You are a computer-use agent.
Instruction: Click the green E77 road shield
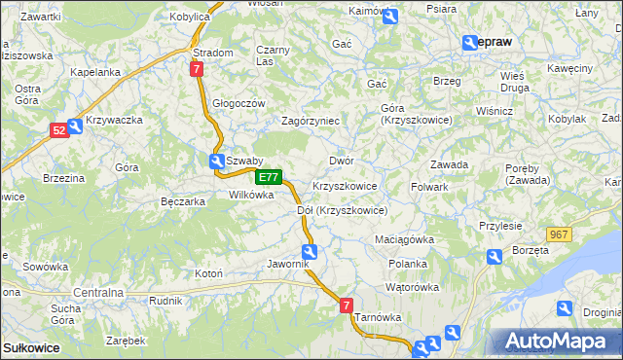(x=270, y=178)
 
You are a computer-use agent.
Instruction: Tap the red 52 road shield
(x=59, y=129)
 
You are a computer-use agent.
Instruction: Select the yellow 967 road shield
(x=559, y=235)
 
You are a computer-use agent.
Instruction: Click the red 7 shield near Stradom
(x=197, y=70)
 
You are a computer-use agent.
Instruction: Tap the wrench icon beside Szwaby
(x=215, y=162)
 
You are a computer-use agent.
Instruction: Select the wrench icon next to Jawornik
(x=309, y=252)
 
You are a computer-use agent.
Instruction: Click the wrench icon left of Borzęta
(x=494, y=257)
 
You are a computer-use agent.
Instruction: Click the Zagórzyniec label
(x=310, y=121)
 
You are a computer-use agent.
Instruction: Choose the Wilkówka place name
(x=251, y=195)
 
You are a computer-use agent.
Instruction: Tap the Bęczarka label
(x=182, y=201)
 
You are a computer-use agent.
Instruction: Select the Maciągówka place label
(x=404, y=238)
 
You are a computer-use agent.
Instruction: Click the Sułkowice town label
(x=31, y=347)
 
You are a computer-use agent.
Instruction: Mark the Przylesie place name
(x=501, y=225)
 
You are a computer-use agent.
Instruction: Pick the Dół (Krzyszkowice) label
(x=342, y=210)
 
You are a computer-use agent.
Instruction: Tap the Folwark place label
(x=429, y=186)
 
